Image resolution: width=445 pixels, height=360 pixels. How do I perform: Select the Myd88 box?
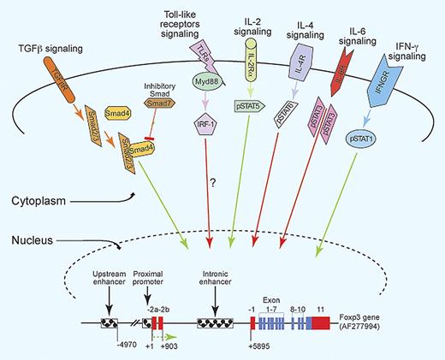coord(204,82)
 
